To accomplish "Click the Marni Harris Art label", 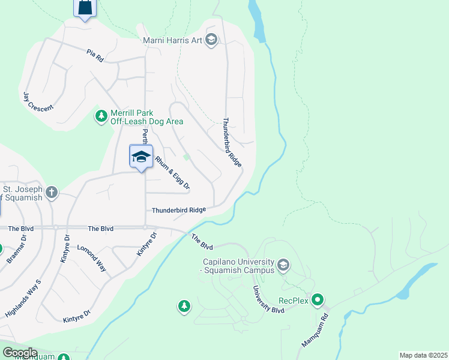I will click(x=172, y=40).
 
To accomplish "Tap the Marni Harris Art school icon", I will click(x=211, y=40).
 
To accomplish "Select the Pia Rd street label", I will click(x=95, y=56).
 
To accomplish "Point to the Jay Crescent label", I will click(x=38, y=101).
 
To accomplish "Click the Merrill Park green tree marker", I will click(x=101, y=115).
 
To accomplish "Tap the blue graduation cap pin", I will click(x=141, y=157).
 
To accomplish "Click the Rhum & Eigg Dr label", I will click(x=172, y=173).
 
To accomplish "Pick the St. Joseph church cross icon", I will click(x=52, y=193).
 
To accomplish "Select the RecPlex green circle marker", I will click(x=318, y=299).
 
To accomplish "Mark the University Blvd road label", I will click(x=267, y=299).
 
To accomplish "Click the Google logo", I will click(x=19, y=353).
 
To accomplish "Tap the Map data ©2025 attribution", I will click(x=423, y=355).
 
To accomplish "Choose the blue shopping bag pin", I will click(x=85, y=8).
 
